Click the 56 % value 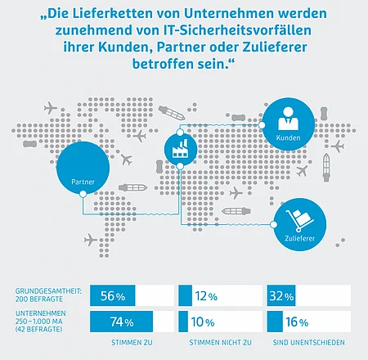click(x=113, y=296)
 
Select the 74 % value click(x=122, y=322)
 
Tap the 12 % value click(x=206, y=296)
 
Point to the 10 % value click(x=203, y=322)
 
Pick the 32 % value click(x=281, y=296)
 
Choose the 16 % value click(x=297, y=322)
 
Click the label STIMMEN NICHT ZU click(x=220, y=343)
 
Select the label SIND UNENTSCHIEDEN click(x=309, y=343)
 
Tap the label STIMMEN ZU click(x=132, y=343)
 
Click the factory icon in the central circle click(x=180, y=149)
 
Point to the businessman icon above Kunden click(x=288, y=119)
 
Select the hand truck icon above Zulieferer click(x=299, y=221)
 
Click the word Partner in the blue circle click(x=83, y=182)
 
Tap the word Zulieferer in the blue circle click(x=300, y=238)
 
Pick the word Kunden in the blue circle click(x=288, y=137)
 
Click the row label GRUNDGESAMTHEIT click(x=48, y=291)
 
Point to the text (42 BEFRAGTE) click(x=38, y=329)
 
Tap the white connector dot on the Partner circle click(x=83, y=194)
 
